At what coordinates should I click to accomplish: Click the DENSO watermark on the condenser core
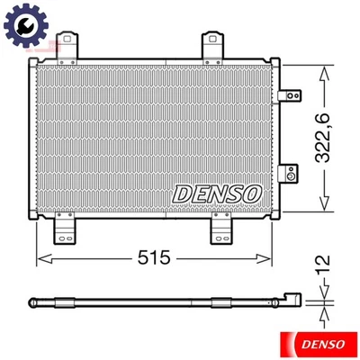218,193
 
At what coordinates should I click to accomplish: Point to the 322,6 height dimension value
336,135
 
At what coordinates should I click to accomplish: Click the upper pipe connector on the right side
290,94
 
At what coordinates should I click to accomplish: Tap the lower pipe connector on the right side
290,173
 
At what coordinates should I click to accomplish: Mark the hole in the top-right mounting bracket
213,40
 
